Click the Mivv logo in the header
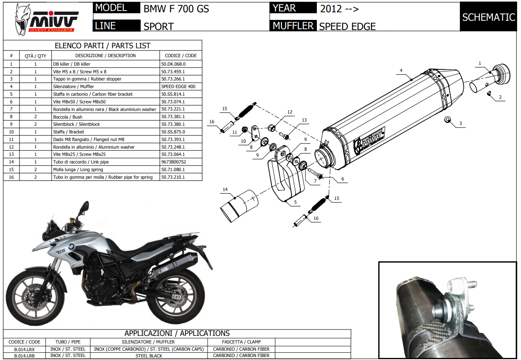(46, 20)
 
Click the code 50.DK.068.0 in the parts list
(173, 64)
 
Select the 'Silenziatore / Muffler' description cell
(105, 86)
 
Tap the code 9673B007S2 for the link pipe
(174, 162)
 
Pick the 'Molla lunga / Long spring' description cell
(105, 169)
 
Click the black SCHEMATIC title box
(488, 17)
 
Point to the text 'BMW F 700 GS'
(176, 9)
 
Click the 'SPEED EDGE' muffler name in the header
(347, 26)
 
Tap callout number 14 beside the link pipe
(225, 190)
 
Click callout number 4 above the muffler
(401, 70)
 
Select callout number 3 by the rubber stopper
(460, 124)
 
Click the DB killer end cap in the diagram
(491, 78)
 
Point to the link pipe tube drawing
(239, 206)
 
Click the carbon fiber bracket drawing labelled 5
(285, 173)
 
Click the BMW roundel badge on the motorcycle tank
(72, 246)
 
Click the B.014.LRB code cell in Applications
(25, 356)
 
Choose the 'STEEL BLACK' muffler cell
(149, 356)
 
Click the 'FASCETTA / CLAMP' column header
(241, 342)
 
